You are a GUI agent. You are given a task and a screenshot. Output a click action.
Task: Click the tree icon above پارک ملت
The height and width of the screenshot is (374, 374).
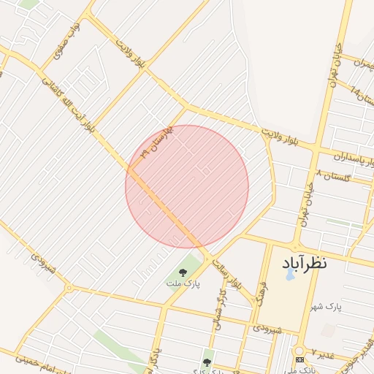183,272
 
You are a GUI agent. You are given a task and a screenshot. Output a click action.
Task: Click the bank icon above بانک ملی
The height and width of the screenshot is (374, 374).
299,360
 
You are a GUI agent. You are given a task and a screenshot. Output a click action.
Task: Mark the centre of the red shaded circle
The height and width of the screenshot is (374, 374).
187,186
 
